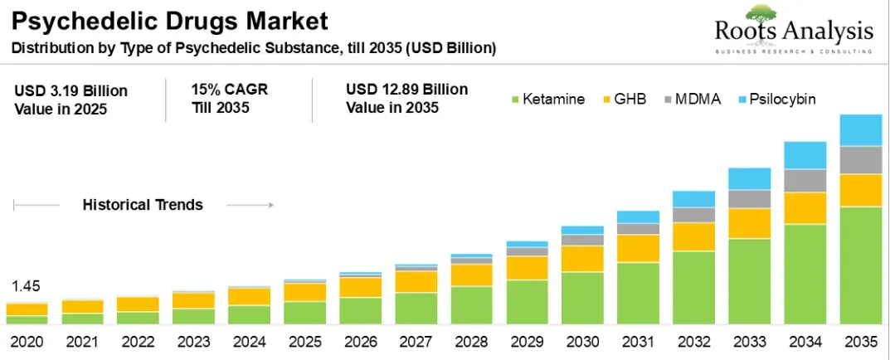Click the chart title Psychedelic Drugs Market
pos(169,20)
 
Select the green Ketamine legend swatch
pos(514,100)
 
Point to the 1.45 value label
pos(26,287)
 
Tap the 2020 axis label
pos(26,341)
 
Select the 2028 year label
pos(471,341)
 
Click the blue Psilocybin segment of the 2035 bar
pos(859,130)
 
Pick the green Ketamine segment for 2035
pos(859,265)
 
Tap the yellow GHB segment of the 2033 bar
pos(748,223)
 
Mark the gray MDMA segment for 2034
pos(804,180)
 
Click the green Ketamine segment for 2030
pos(581,298)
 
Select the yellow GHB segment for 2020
pos(27,309)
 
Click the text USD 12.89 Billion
pos(406,90)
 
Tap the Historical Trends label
pos(143,205)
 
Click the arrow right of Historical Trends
pos(250,205)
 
